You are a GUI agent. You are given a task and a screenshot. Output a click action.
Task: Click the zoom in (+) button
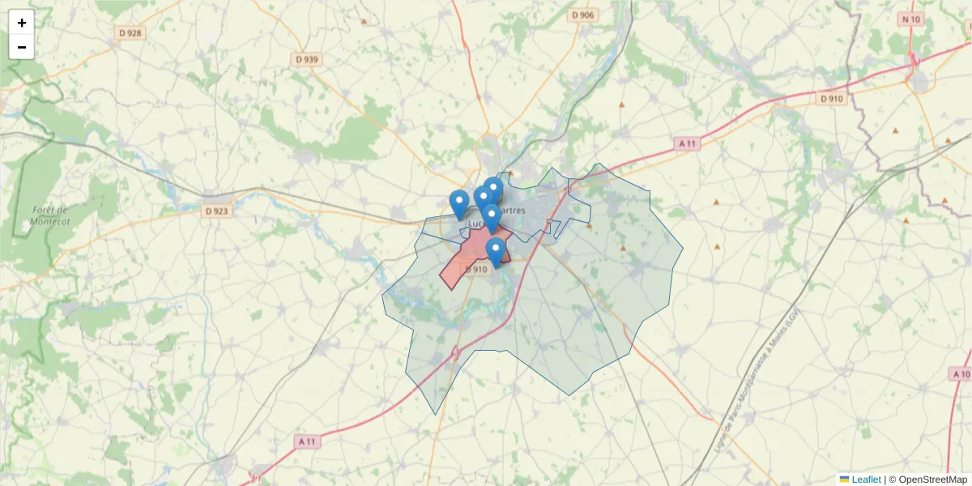[22, 23]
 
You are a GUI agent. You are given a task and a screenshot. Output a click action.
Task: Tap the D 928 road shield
[129, 33]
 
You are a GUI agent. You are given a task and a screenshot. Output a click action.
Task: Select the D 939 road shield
[307, 59]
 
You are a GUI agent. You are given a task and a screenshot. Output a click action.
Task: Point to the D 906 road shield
[582, 15]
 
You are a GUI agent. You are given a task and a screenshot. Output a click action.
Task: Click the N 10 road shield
[911, 19]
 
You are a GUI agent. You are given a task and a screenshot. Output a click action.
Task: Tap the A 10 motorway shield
[961, 374]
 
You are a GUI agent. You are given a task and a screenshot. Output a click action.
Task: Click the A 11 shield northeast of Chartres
[687, 143]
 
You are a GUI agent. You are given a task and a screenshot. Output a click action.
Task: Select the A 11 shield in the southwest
[306, 441]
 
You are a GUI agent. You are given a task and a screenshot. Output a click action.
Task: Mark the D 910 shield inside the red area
[476, 270]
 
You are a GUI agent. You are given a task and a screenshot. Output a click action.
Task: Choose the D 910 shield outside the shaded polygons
[831, 99]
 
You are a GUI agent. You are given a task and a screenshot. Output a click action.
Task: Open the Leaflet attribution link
[865, 480]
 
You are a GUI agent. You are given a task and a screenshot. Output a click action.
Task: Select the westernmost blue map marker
[459, 202]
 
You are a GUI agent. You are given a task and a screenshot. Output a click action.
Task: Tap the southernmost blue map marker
[496, 250]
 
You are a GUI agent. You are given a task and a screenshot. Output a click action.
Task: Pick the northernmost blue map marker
[493, 189]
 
